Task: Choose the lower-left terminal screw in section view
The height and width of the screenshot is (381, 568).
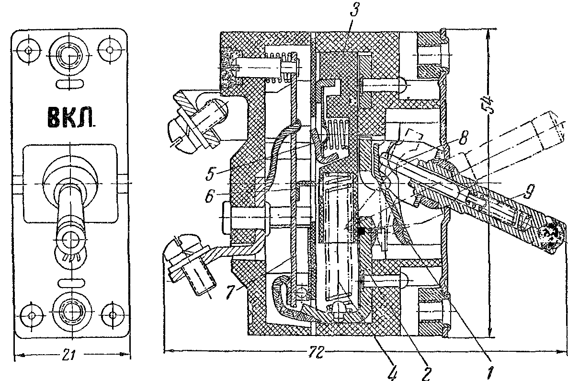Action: point(189,266)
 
